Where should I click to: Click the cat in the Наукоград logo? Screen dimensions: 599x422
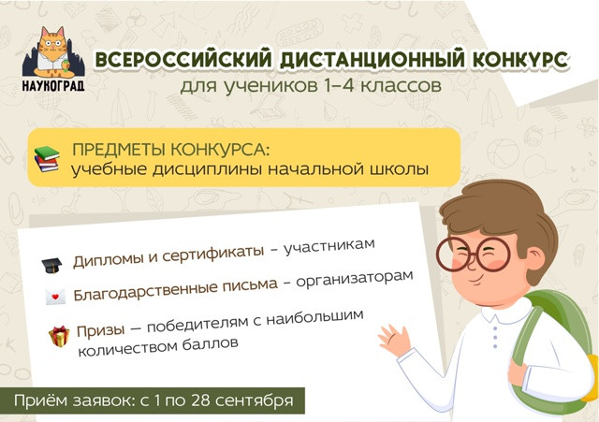click(52, 52)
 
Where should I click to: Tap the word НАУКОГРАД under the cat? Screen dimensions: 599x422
click(53, 85)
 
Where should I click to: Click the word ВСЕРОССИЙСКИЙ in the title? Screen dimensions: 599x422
click(183, 60)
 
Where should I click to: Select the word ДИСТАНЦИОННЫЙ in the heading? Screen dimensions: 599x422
click(373, 60)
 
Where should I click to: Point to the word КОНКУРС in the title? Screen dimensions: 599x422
click(520, 60)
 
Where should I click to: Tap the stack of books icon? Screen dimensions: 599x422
click(47, 159)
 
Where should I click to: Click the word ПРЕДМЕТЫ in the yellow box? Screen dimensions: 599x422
click(119, 150)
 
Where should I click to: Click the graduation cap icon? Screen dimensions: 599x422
click(51, 265)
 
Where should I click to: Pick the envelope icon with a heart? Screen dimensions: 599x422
click(55, 298)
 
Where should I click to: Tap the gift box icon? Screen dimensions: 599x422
click(59, 336)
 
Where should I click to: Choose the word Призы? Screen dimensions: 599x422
click(100, 330)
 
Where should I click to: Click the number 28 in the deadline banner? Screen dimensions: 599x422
click(199, 400)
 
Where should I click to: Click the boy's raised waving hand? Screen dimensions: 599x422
click(394, 339)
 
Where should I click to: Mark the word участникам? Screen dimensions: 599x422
click(329, 247)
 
